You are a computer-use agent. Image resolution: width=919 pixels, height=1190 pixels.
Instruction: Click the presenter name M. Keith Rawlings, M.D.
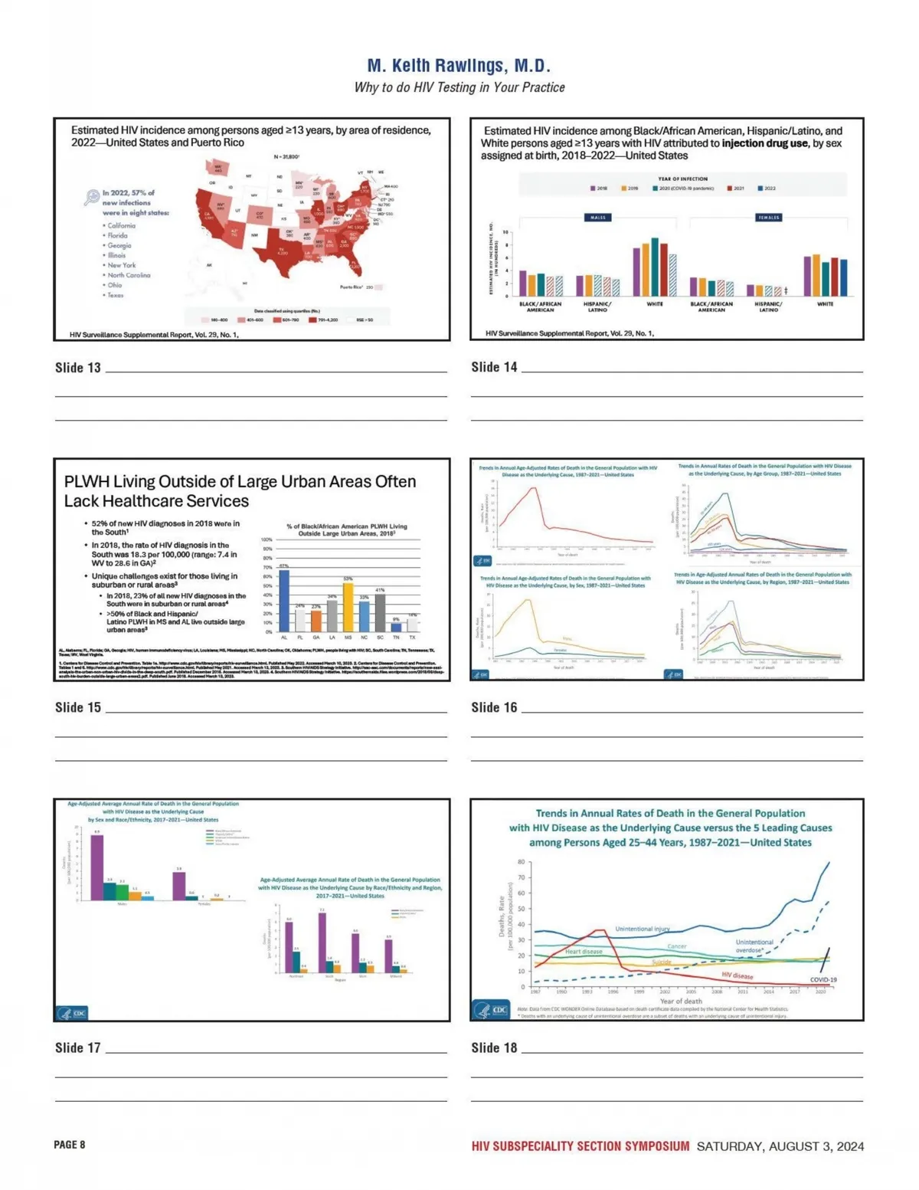459,65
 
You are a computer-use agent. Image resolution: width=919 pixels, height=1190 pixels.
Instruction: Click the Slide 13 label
77,368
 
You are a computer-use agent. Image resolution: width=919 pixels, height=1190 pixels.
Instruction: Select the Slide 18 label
493,1047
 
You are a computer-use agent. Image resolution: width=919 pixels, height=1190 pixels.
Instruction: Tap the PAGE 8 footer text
69,1145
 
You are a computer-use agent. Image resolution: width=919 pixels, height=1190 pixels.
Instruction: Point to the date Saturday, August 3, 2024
780,1146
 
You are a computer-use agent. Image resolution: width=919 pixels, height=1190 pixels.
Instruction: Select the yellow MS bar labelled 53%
348,606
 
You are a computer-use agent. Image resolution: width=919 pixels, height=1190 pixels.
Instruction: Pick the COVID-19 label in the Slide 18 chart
823,979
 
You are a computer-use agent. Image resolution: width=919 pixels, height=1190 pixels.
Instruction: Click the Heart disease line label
584,952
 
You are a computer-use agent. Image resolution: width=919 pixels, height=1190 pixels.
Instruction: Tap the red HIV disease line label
737,975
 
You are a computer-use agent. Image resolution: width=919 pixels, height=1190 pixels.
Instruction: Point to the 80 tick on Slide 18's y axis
521,862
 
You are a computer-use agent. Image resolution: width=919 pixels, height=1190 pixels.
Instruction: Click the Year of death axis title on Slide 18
681,1001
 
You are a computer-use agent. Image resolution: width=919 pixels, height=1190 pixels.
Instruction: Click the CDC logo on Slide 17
72,1012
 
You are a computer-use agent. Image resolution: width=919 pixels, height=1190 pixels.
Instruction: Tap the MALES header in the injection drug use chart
597,218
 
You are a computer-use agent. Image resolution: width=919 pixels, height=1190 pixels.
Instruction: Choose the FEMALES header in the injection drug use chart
768,218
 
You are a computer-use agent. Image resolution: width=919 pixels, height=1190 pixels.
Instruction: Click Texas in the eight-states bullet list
115,295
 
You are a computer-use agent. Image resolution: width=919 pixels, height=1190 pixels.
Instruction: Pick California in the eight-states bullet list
121,225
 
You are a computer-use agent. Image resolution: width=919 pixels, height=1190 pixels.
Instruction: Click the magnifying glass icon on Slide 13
91,197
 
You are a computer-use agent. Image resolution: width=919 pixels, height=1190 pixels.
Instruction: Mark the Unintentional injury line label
642,929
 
